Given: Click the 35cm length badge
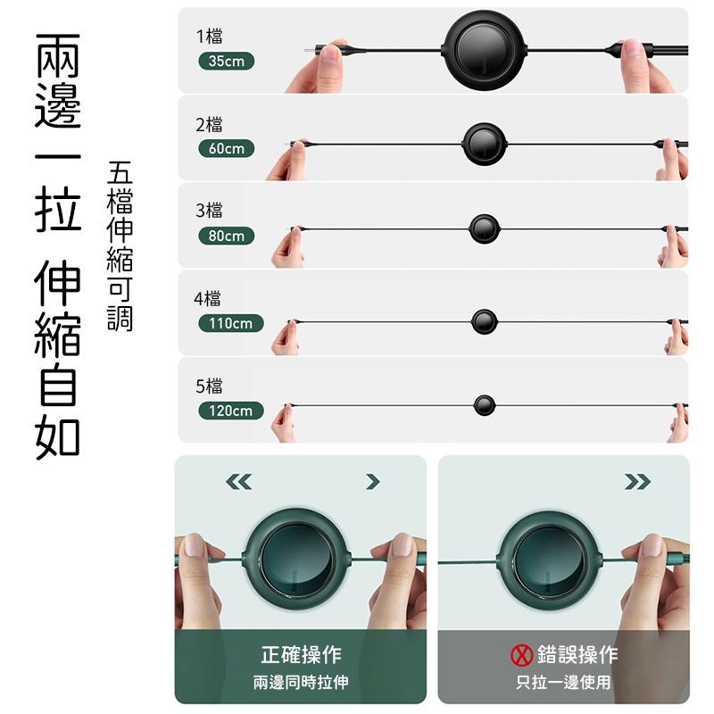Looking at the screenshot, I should coord(226,62).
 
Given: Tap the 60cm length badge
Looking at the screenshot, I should coord(226,149).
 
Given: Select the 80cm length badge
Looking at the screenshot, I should coord(226,237).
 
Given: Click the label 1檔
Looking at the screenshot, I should coord(210,37).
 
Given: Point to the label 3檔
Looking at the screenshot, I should coord(210,212).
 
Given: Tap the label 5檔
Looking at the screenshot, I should coord(210,386).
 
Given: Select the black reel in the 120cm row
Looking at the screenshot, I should coord(485,405).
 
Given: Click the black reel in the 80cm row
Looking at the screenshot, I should coord(484,228).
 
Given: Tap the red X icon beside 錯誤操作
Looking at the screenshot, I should coord(521,656).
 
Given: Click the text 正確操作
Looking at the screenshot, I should coord(301,655).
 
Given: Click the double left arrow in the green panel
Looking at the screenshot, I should coord(238,482).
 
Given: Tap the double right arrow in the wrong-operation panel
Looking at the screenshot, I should coord(637,482).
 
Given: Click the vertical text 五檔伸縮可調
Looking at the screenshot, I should coord(119,245).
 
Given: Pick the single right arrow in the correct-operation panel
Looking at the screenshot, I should coord(373,482).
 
